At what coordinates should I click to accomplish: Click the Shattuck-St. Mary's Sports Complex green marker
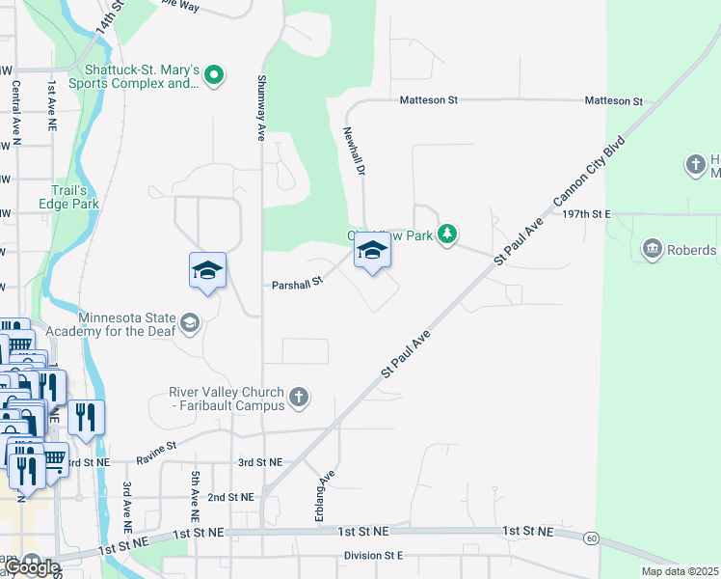[215, 75]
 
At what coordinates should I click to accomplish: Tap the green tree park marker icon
[446, 234]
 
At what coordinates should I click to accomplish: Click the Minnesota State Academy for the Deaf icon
[191, 322]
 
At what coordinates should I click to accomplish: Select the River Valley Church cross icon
[299, 396]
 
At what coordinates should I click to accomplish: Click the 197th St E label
[582, 213]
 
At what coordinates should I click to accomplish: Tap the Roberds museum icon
[653, 250]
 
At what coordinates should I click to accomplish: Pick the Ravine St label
[157, 447]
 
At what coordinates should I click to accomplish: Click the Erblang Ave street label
[323, 496]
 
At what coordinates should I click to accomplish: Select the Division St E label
[373, 556]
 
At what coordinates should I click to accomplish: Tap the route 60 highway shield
[592, 538]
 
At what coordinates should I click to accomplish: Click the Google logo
[31, 566]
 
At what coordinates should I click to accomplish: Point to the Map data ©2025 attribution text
[680, 571]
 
